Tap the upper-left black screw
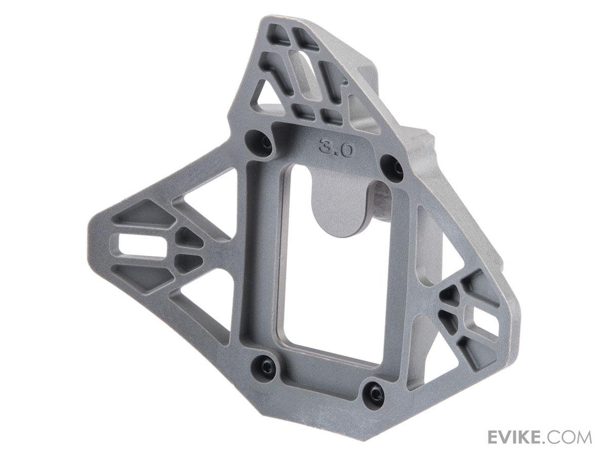point(266,143)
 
